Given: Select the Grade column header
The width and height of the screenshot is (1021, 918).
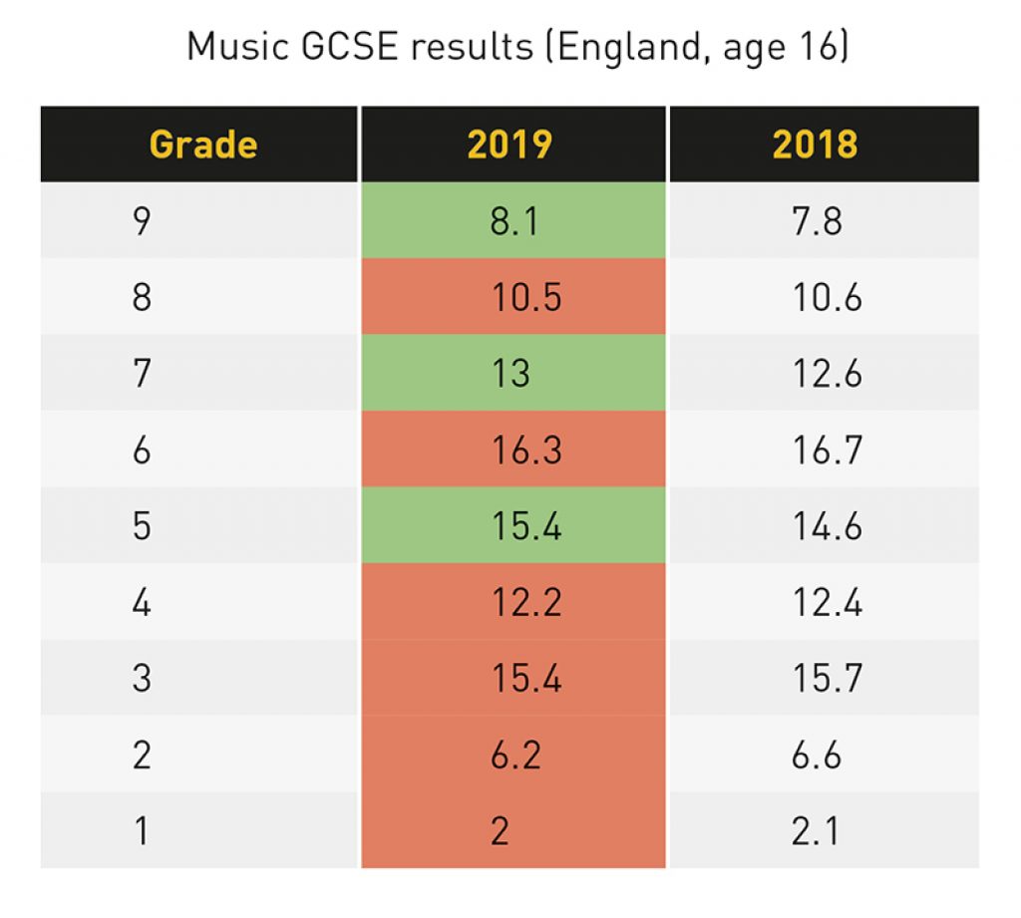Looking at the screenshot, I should [x=203, y=145].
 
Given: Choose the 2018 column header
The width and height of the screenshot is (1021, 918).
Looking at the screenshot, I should [x=815, y=145].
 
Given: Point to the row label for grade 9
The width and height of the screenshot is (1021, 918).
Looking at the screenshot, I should [x=142, y=221].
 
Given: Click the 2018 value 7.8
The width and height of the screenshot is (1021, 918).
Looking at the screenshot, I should [x=815, y=221].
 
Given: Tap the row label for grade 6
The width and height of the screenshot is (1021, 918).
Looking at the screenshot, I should [x=142, y=451].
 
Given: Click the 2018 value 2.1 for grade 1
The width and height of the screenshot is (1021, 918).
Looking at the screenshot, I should [x=815, y=831].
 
